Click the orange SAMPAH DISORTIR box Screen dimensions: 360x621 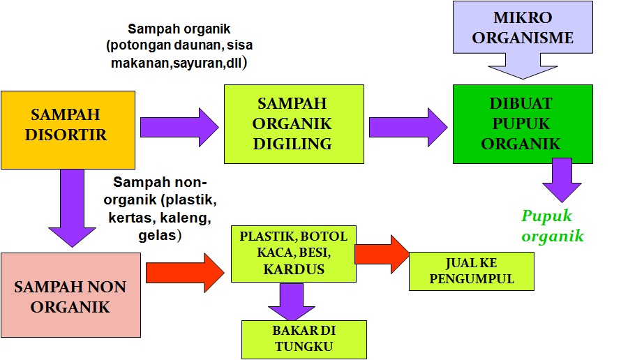(x=68, y=130)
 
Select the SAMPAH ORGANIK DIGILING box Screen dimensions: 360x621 (x=293, y=124)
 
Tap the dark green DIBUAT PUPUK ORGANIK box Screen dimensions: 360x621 (x=522, y=124)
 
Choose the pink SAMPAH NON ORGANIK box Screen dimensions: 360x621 (x=70, y=296)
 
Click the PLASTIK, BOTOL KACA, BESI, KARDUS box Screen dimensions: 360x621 (x=293, y=253)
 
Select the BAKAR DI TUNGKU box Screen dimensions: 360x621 (x=303, y=338)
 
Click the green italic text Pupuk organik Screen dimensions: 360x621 (x=552, y=225)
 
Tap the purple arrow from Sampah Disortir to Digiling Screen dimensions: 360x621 (x=179, y=127)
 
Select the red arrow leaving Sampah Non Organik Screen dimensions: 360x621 (x=186, y=272)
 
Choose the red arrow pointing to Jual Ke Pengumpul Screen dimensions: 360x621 (x=382, y=253)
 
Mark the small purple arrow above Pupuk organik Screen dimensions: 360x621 (x=562, y=179)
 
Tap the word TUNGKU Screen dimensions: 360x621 (x=303, y=347)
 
